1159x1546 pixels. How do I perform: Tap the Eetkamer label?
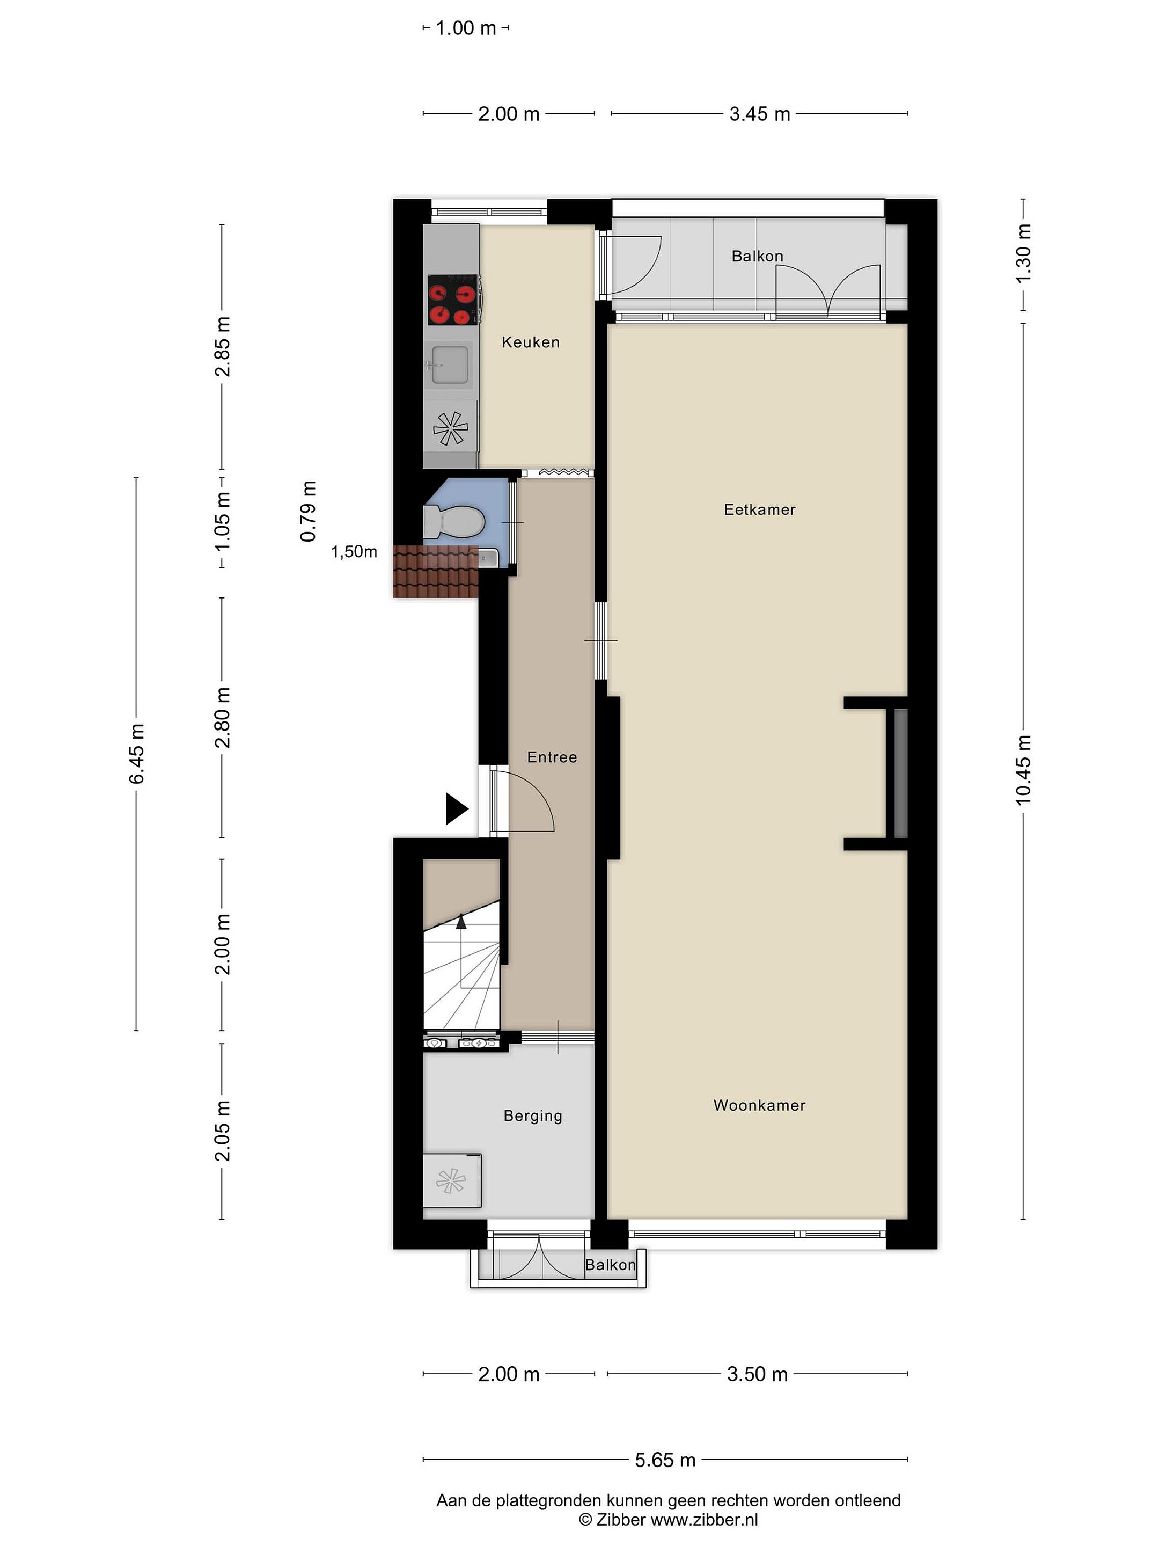pos(759,509)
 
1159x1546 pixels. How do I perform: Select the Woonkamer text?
pos(759,1105)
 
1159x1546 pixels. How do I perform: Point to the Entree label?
pos(552,757)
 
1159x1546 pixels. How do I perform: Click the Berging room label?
pos(533,1116)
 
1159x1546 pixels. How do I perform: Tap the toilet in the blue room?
pos(453,521)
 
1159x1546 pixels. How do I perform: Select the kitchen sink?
pos(449,364)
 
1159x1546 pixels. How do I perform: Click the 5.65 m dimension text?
pos(665,1460)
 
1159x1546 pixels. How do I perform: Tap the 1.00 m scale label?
pos(465,28)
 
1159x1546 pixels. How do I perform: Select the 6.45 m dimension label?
pos(137,754)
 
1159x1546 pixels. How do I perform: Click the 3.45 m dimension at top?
pos(759,114)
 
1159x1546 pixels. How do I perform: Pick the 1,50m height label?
pos(354,551)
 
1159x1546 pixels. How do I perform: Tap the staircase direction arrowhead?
pos(461,921)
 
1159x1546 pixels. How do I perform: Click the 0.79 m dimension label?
pos(308,511)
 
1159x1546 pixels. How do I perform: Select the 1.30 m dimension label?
pos(1023,254)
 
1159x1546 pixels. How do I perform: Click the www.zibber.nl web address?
pos(704,1520)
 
